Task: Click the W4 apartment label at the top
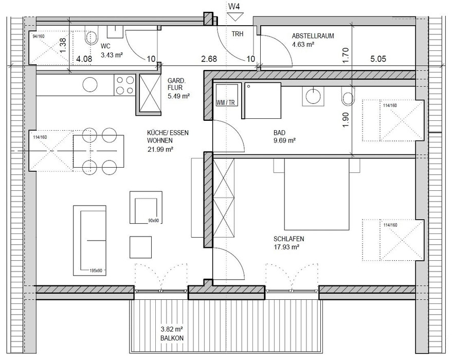234,7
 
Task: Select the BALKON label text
172,338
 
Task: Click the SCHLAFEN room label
288,239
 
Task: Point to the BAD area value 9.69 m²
284,141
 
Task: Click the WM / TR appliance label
225,103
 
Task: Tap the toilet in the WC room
92,36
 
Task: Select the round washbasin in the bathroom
313,96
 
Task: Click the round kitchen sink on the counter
90,85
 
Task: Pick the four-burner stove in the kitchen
125,85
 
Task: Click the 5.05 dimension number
378,59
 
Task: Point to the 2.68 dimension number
209,59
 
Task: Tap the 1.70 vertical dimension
347,55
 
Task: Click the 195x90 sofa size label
96,271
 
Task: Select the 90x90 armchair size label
153,221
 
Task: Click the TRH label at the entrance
238,34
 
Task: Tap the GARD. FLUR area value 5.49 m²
178,96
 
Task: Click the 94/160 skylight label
39,37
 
